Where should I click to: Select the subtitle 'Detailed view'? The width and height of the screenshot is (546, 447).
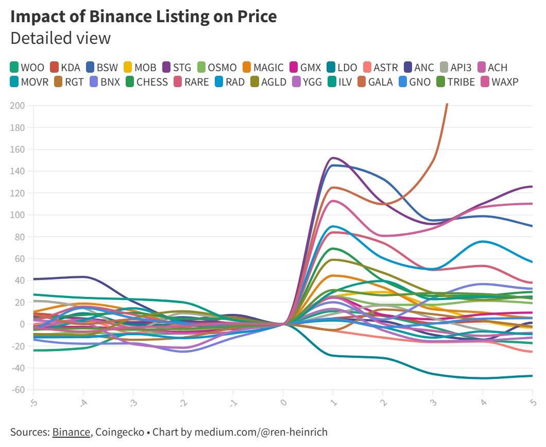[x=60, y=39]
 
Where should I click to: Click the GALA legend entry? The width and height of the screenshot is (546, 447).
[x=381, y=81]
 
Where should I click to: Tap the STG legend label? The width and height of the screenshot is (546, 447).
[x=182, y=68]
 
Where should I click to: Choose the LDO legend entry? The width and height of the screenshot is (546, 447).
[x=348, y=68]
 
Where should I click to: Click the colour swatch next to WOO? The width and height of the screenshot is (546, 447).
[x=14, y=68]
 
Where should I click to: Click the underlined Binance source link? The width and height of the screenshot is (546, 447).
[x=71, y=432]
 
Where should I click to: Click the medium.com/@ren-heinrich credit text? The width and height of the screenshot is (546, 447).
[x=261, y=432]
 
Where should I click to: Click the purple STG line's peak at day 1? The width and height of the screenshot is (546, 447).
[x=333, y=158]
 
